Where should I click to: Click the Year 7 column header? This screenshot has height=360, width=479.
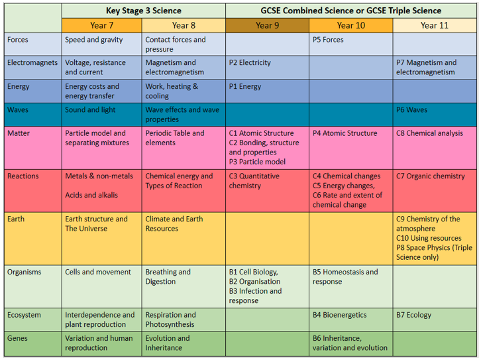point(102,25)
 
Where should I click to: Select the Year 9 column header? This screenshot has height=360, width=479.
point(267,25)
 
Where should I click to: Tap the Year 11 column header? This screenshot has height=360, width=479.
point(435,25)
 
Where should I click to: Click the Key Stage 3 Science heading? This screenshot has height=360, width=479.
point(144,11)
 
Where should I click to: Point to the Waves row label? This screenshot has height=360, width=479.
point(18,109)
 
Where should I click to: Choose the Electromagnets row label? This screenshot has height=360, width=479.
point(32,62)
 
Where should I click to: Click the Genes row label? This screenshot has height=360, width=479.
point(17,338)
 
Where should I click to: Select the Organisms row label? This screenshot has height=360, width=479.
point(24,272)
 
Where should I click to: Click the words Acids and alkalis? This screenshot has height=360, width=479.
point(91,195)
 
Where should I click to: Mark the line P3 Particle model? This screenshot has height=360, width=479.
point(257,162)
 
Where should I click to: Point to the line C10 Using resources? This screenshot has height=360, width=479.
point(429,239)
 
